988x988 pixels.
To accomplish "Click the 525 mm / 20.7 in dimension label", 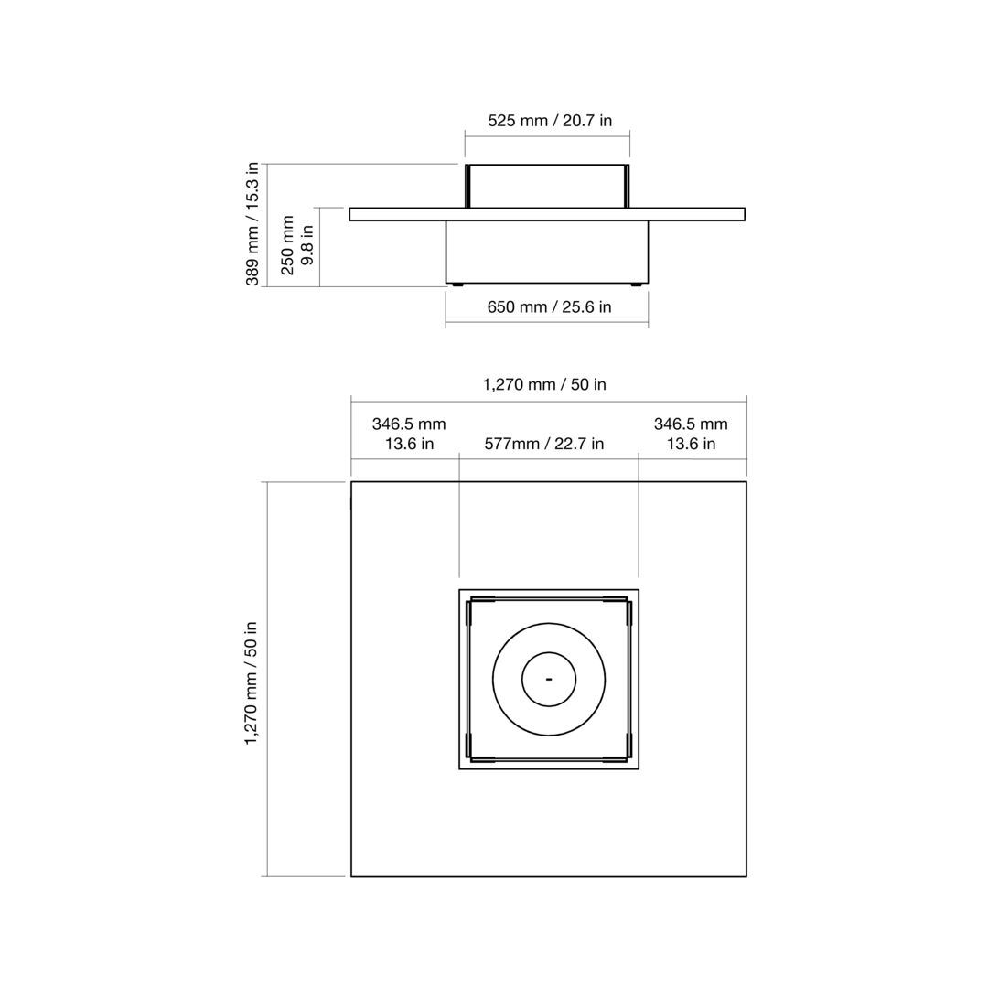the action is tap(550, 121).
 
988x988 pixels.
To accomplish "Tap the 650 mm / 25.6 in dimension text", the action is tap(549, 306).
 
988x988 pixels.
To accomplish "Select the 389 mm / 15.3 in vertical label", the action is tap(252, 224).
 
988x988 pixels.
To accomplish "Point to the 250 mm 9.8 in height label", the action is tap(296, 245).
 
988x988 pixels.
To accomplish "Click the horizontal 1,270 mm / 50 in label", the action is tap(544, 384).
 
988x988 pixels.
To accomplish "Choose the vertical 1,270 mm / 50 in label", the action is tap(252, 682).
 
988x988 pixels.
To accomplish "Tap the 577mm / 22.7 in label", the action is tap(543, 444).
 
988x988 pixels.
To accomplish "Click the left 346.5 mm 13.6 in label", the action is tap(409, 434).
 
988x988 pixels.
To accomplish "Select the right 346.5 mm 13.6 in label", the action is tap(691, 434).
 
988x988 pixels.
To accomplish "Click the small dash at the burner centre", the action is tap(549, 679).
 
